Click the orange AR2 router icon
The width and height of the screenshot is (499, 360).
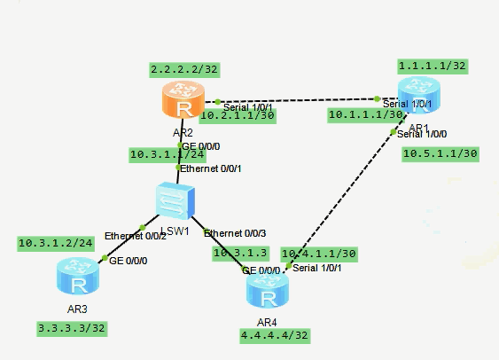(183, 102)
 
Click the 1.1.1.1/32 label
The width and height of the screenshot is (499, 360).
(431, 66)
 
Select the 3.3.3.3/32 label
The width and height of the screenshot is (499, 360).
(73, 327)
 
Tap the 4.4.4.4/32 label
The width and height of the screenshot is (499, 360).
(275, 336)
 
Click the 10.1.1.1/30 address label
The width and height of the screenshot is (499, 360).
(366, 114)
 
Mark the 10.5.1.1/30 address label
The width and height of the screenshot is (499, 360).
(440, 153)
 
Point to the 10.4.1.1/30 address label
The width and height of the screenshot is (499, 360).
(318, 253)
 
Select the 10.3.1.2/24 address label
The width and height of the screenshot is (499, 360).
(55, 242)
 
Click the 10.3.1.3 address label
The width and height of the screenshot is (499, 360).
(239, 253)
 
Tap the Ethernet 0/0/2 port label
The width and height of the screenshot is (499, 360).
(135, 236)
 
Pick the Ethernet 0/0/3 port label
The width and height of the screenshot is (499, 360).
(234, 232)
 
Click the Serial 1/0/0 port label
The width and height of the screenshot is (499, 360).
(423, 134)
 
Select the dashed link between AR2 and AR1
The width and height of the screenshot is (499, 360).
(297, 100)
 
